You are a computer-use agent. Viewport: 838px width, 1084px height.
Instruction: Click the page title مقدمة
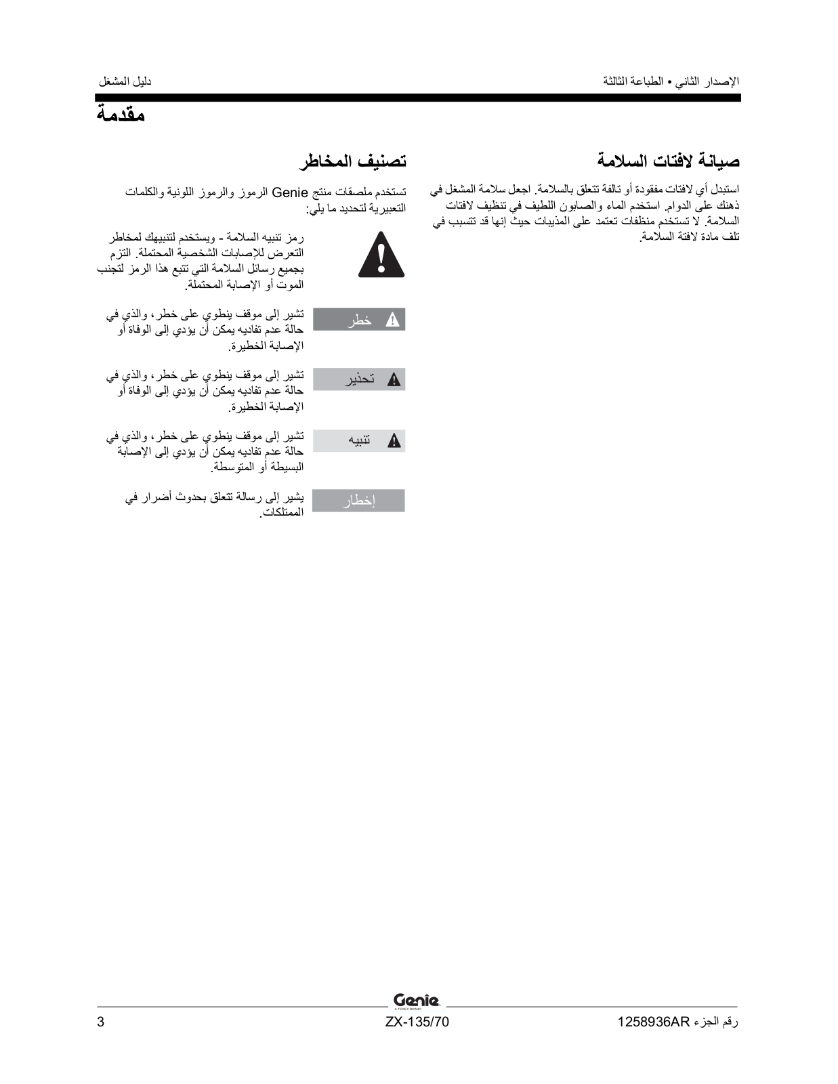pyautogui.click(x=121, y=114)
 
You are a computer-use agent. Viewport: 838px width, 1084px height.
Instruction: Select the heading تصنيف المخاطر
pyautogui.click(x=352, y=161)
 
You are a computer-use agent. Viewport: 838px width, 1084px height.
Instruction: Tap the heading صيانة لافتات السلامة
pyautogui.click(x=668, y=161)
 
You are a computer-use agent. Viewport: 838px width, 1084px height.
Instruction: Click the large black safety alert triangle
pyautogui.click(x=381, y=256)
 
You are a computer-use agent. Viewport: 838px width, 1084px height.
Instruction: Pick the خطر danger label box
pyautogui.click(x=358, y=320)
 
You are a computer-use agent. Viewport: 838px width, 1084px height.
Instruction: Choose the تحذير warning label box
pyautogui.click(x=358, y=379)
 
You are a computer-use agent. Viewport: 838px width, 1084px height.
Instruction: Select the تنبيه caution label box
pyautogui.click(x=358, y=440)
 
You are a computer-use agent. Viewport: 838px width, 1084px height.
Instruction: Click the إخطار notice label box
pyautogui.click(x=358, y=501)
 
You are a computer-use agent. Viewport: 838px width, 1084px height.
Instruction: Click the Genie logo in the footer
pyautogui.click(x=416, y=1001)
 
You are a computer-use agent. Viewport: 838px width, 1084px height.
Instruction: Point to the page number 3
pyautogui.click(x=101, y=1022)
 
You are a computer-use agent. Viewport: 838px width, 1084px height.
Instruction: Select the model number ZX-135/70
pyautogui.click(x=417, y=1022)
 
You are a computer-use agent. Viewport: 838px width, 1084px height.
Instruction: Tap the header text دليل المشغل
pyautogui.click(x=125, y=81)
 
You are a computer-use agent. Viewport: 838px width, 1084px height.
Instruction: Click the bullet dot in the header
pyautogui.click(x=669, y=82)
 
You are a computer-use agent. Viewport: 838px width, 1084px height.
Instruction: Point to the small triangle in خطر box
pyautogui.click(x=392, y=320)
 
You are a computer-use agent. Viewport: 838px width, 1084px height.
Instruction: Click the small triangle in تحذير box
pyautogui.click(x=394, y=380)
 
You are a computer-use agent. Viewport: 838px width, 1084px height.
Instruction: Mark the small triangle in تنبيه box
pyautogui.click(x=394, y=441)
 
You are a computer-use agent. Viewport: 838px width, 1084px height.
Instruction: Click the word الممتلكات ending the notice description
pyautogui.click(x=282, y=514)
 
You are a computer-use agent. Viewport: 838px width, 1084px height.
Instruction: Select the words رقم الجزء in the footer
pyautogui.click(x=716, y=1022)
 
